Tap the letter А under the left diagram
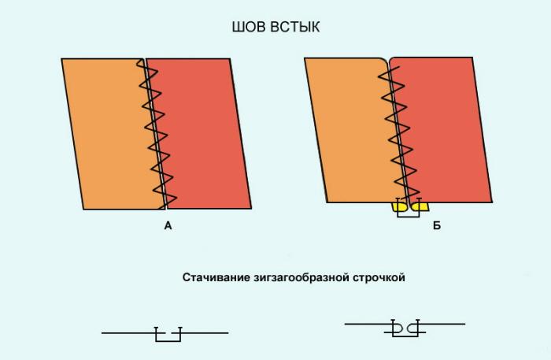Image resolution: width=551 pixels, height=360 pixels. [x=168, y=225]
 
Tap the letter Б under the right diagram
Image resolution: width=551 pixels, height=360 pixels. [x=437, y=225]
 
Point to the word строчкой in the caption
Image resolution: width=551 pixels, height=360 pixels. [x=379, y=278]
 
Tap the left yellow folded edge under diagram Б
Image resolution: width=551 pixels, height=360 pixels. [x=400, y=206]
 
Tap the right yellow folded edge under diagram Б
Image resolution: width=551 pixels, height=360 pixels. [x=420, y=206]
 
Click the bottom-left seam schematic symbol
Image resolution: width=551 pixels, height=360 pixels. [x=165, y=334]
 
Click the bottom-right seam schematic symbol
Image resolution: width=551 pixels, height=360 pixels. [x=405, y=328]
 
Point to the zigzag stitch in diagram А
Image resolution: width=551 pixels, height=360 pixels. [x=157, y=134]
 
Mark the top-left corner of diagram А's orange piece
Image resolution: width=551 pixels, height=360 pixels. [x=61, y=59]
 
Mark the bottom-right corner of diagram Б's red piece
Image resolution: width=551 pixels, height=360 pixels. [x=492, y=202]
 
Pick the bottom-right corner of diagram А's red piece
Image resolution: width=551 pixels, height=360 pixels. [x=251, y=209]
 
